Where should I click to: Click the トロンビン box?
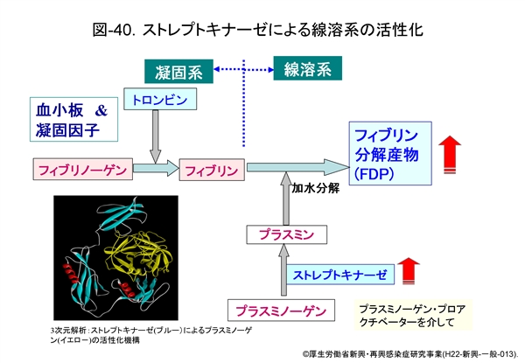tap(158, 99)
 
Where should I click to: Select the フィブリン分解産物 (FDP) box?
tap(390, 153)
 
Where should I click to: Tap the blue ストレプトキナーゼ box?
tap(339, 275)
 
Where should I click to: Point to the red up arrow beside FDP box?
tap(451, 151)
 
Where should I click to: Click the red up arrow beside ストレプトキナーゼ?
tap(409, 271)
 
